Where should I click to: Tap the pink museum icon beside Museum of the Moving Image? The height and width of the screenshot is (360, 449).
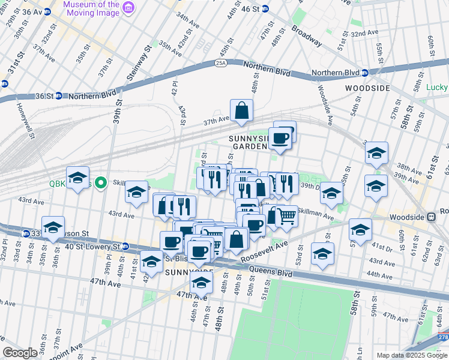pos(128,7)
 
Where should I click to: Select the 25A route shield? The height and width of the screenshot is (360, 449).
pos(221,62)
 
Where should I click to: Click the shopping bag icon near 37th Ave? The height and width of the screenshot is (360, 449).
pos(241,110)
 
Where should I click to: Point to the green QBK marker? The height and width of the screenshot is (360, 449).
pos(101,182)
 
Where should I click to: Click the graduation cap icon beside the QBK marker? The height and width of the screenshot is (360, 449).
pos(78,178)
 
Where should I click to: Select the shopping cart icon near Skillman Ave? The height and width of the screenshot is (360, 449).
pos(287,216)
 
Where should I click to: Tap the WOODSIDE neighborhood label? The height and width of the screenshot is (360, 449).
pos(367,88)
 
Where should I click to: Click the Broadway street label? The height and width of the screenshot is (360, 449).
pos(307,37)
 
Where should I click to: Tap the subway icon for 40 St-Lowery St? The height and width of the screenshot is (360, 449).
pos(125,246)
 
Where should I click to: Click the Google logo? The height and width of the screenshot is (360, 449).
pos(20,353)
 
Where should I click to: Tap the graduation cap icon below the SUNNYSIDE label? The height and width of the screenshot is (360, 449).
pos(202,283)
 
